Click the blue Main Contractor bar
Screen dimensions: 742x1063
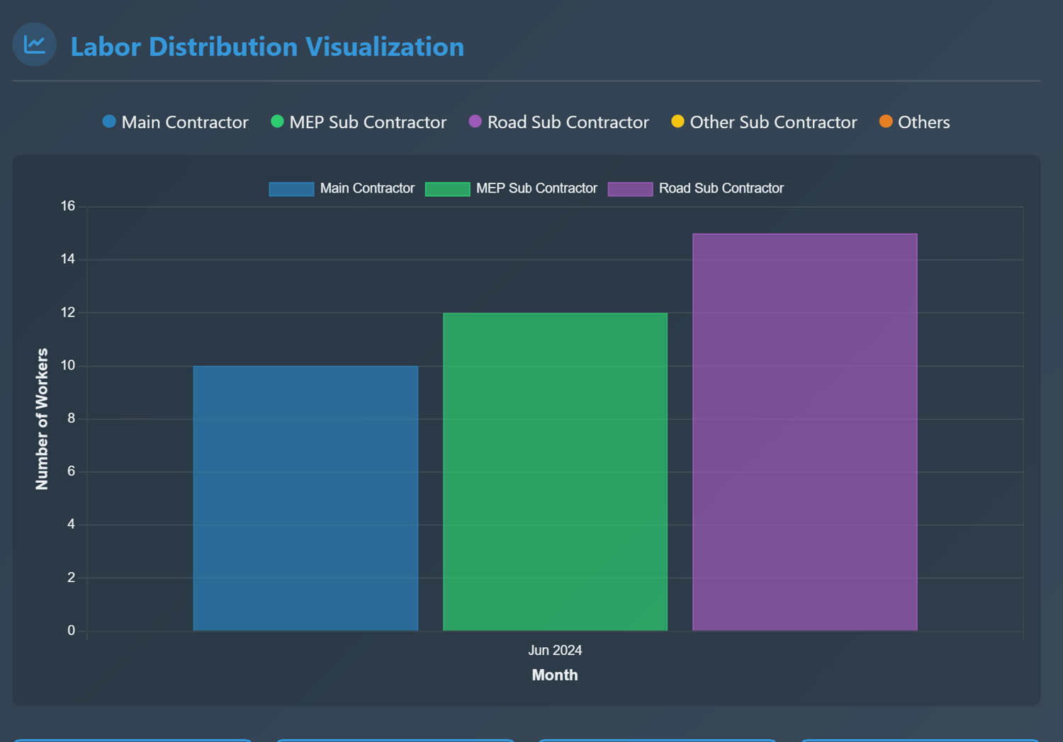[x=305, y=498]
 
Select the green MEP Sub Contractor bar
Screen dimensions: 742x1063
[x=555, y=472]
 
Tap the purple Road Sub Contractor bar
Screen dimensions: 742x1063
[x=804, y=432]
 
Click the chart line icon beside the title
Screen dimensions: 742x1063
[x=34, y=45]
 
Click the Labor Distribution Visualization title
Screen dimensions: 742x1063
[x=267, y=47]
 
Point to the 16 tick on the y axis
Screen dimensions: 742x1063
[x=68, y=206]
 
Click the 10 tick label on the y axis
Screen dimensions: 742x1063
[x=68, y=365]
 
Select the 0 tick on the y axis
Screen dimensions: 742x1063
[x=71, y=630]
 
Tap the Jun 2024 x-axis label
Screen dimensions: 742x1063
[x=555, y=650]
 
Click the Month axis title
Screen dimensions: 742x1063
[x=555, y=675]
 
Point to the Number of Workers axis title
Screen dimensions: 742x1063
[x=43, y=418]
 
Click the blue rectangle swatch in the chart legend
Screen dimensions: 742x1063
[x=291, y=189]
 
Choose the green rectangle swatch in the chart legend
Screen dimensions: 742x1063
[x=447, y=189]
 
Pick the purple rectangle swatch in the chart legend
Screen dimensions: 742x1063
[x=630, y=189]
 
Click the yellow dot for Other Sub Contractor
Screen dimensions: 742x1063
[x=677, y=121]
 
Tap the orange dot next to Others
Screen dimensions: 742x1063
[x=886, y=121]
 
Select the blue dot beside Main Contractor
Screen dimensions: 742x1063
[x=109, y=121]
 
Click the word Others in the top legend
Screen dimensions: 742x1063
[x=923, y=122]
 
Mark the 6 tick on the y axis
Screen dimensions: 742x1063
[x=71, y=471]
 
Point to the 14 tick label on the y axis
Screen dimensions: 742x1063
[x=68, y=259]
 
